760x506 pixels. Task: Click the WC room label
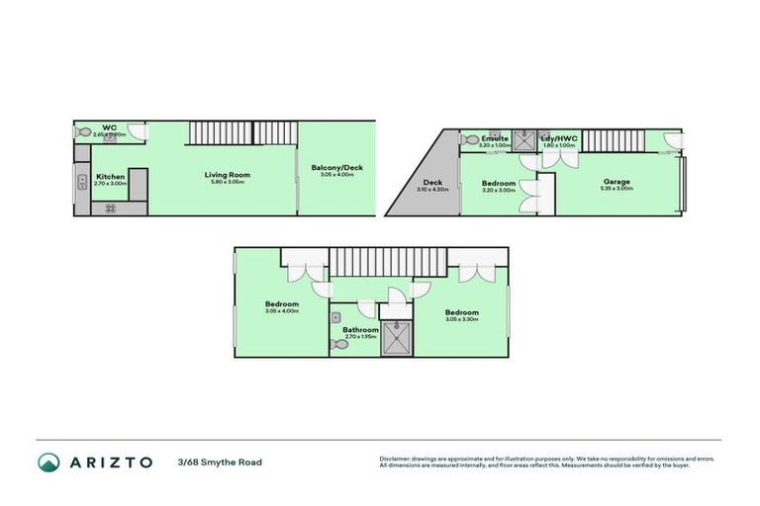110,127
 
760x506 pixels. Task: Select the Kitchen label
110,177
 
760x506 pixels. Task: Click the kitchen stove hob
109,208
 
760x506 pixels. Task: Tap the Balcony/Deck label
336,168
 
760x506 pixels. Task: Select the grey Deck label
432,182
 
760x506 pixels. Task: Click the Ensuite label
495,138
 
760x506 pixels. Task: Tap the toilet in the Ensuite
468,139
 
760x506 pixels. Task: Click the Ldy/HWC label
559,138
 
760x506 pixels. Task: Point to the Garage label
617,182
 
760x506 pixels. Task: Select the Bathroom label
360,330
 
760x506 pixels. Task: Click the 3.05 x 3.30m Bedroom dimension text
461,319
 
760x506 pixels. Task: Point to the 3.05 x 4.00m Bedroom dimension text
281,311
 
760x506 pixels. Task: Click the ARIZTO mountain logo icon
48,462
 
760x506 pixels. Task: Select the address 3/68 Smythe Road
220,462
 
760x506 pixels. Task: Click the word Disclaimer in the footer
395,459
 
